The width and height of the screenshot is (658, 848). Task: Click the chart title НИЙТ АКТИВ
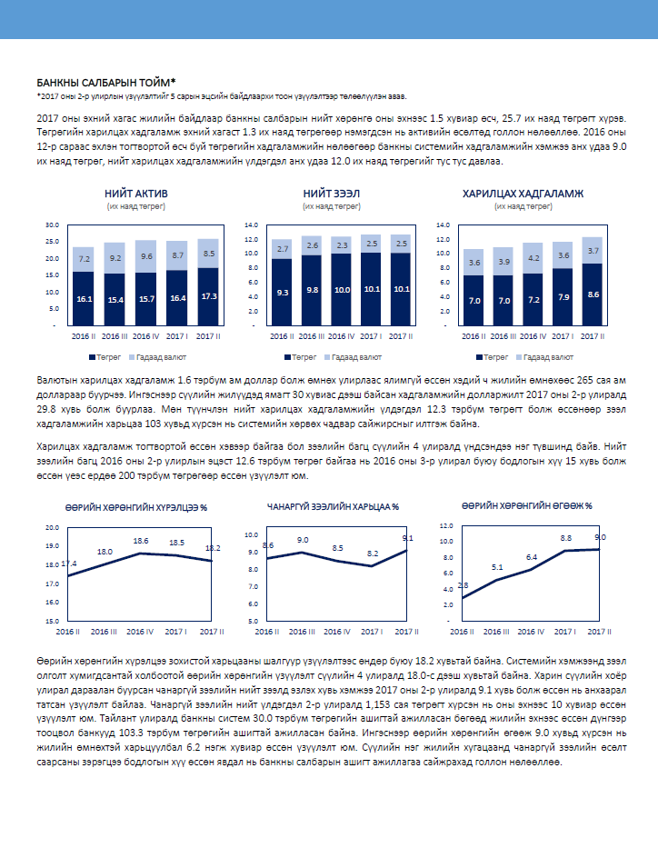pos(136,194)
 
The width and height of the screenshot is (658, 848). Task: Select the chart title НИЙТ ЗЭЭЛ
pos(332,194)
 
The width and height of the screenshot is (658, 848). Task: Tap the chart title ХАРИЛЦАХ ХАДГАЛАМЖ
pos(523,194)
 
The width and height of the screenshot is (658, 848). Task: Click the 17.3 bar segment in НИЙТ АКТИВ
pos(209,297)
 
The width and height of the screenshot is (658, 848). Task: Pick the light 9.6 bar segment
pos(146,256)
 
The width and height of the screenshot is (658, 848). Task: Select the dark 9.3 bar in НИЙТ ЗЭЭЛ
pos(283,292)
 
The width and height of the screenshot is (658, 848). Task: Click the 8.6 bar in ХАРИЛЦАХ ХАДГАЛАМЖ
pos(593,294)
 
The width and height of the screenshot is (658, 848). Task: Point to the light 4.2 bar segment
pos(533,258)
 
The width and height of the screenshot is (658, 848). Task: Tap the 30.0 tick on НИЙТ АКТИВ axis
pos(53,225)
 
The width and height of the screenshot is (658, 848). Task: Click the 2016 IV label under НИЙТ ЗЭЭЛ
pos(341,336)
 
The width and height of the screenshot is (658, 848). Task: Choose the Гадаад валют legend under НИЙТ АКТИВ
pos(158,357)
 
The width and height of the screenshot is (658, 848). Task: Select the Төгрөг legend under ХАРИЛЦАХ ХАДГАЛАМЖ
pos(492,357)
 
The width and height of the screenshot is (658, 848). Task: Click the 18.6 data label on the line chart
pos(141,541)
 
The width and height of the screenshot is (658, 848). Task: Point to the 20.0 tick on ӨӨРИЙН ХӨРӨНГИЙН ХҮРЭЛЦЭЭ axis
pos(53,528)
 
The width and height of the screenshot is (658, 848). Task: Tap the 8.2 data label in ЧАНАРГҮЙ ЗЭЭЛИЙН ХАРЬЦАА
pos(373,554)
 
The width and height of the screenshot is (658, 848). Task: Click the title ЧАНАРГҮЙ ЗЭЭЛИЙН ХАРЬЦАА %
pos(333,507)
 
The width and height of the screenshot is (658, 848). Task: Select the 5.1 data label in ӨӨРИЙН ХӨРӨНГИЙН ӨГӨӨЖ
pos(497,567)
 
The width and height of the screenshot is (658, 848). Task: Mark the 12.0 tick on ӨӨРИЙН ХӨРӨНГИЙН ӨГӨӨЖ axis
pos(446,525)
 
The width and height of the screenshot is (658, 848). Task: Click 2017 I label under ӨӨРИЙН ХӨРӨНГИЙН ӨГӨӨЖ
pos(565,632)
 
